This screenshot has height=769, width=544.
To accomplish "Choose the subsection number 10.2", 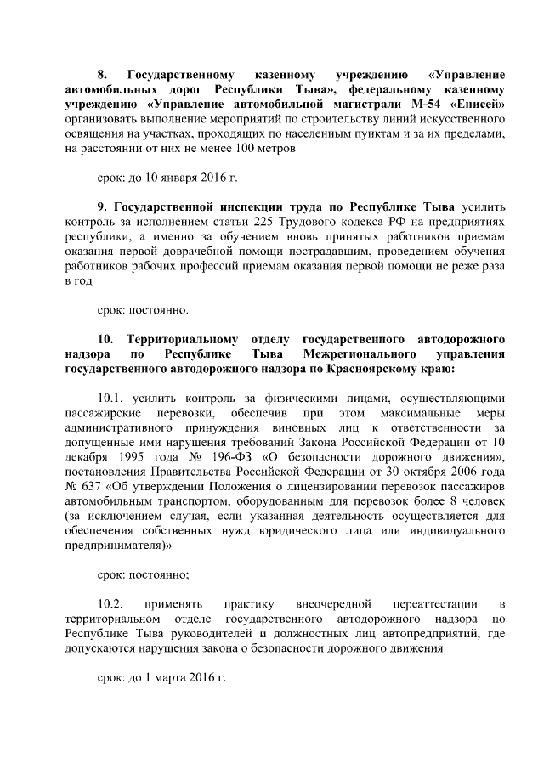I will (111, 603).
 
